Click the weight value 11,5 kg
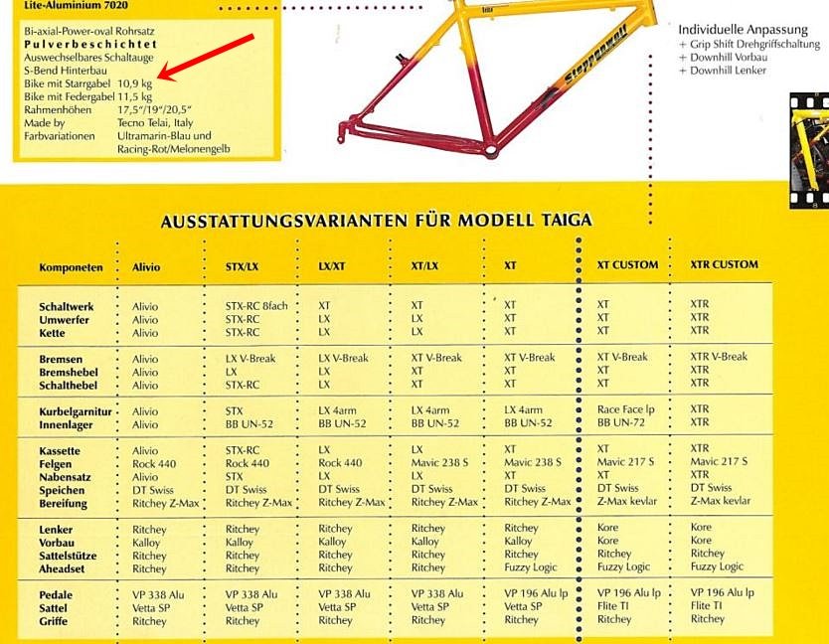[134, 96]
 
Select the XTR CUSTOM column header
[724, 264]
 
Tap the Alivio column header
[146, 267]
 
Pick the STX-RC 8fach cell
[256, 306]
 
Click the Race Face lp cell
[625, 408]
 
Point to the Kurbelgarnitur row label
[75, 411]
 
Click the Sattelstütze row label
[67, 556]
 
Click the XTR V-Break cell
[719, 357]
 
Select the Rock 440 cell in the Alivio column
[154, 464]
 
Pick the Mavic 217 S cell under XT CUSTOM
[625, 462]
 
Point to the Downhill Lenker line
[729, 71]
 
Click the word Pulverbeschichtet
[89, 45]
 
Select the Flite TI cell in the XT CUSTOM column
[613, 605]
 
